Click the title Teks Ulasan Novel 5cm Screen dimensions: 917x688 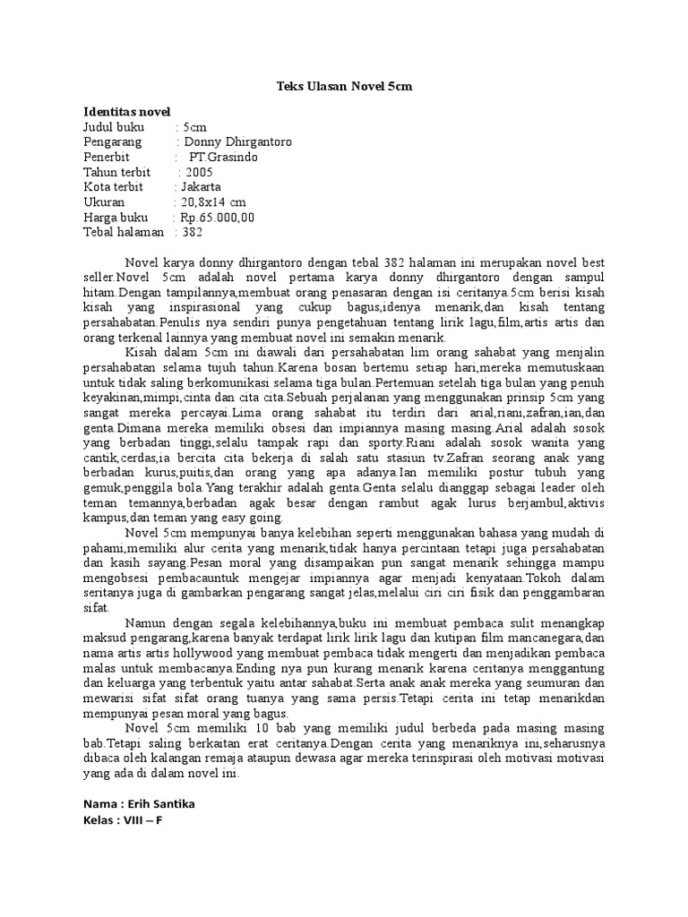pos(343,87)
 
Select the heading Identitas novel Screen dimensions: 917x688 pos(126,113)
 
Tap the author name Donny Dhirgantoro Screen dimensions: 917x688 pos(237,142)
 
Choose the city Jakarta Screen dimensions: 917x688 pos(201,188)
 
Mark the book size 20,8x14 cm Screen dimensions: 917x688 pos(213,203)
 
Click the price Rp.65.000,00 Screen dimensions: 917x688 pos(217,218)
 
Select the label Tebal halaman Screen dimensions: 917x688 pos(124,233)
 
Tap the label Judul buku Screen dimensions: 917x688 pos(114,127)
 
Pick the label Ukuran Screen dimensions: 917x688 pos(106,203)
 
